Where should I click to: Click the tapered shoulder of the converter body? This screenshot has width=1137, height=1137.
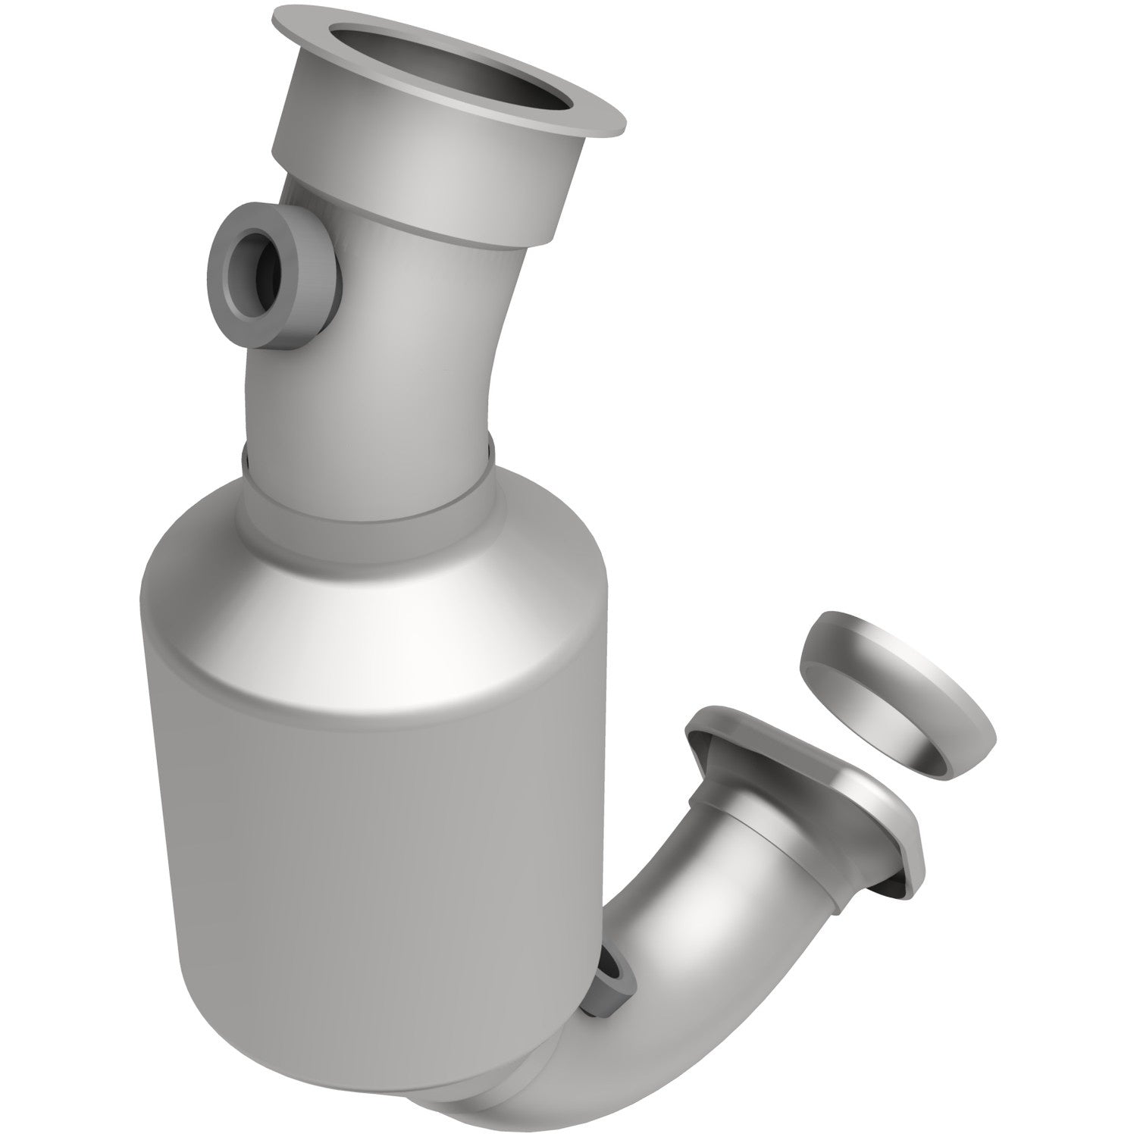tap(379, 606)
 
